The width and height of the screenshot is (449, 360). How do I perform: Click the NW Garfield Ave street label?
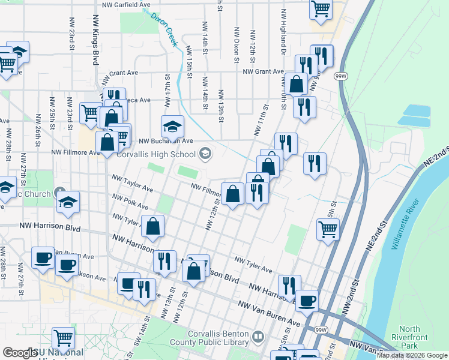pos(126,5)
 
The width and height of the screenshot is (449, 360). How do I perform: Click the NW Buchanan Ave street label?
pos(165,142)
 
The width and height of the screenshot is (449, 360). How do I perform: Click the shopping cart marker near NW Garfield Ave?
pos(321,9)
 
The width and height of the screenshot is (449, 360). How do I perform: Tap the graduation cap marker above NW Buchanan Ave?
pos(172,127)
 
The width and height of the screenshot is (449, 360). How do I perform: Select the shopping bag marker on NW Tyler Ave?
pos(153,226)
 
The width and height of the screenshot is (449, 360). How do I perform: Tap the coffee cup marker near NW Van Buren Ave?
pos(307,301)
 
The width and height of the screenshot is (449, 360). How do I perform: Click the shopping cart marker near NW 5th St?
pos(328,229)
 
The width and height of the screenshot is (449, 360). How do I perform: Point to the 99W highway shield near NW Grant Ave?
pos(340,76)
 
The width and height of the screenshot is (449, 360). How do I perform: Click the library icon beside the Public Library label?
pos(258,338)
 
